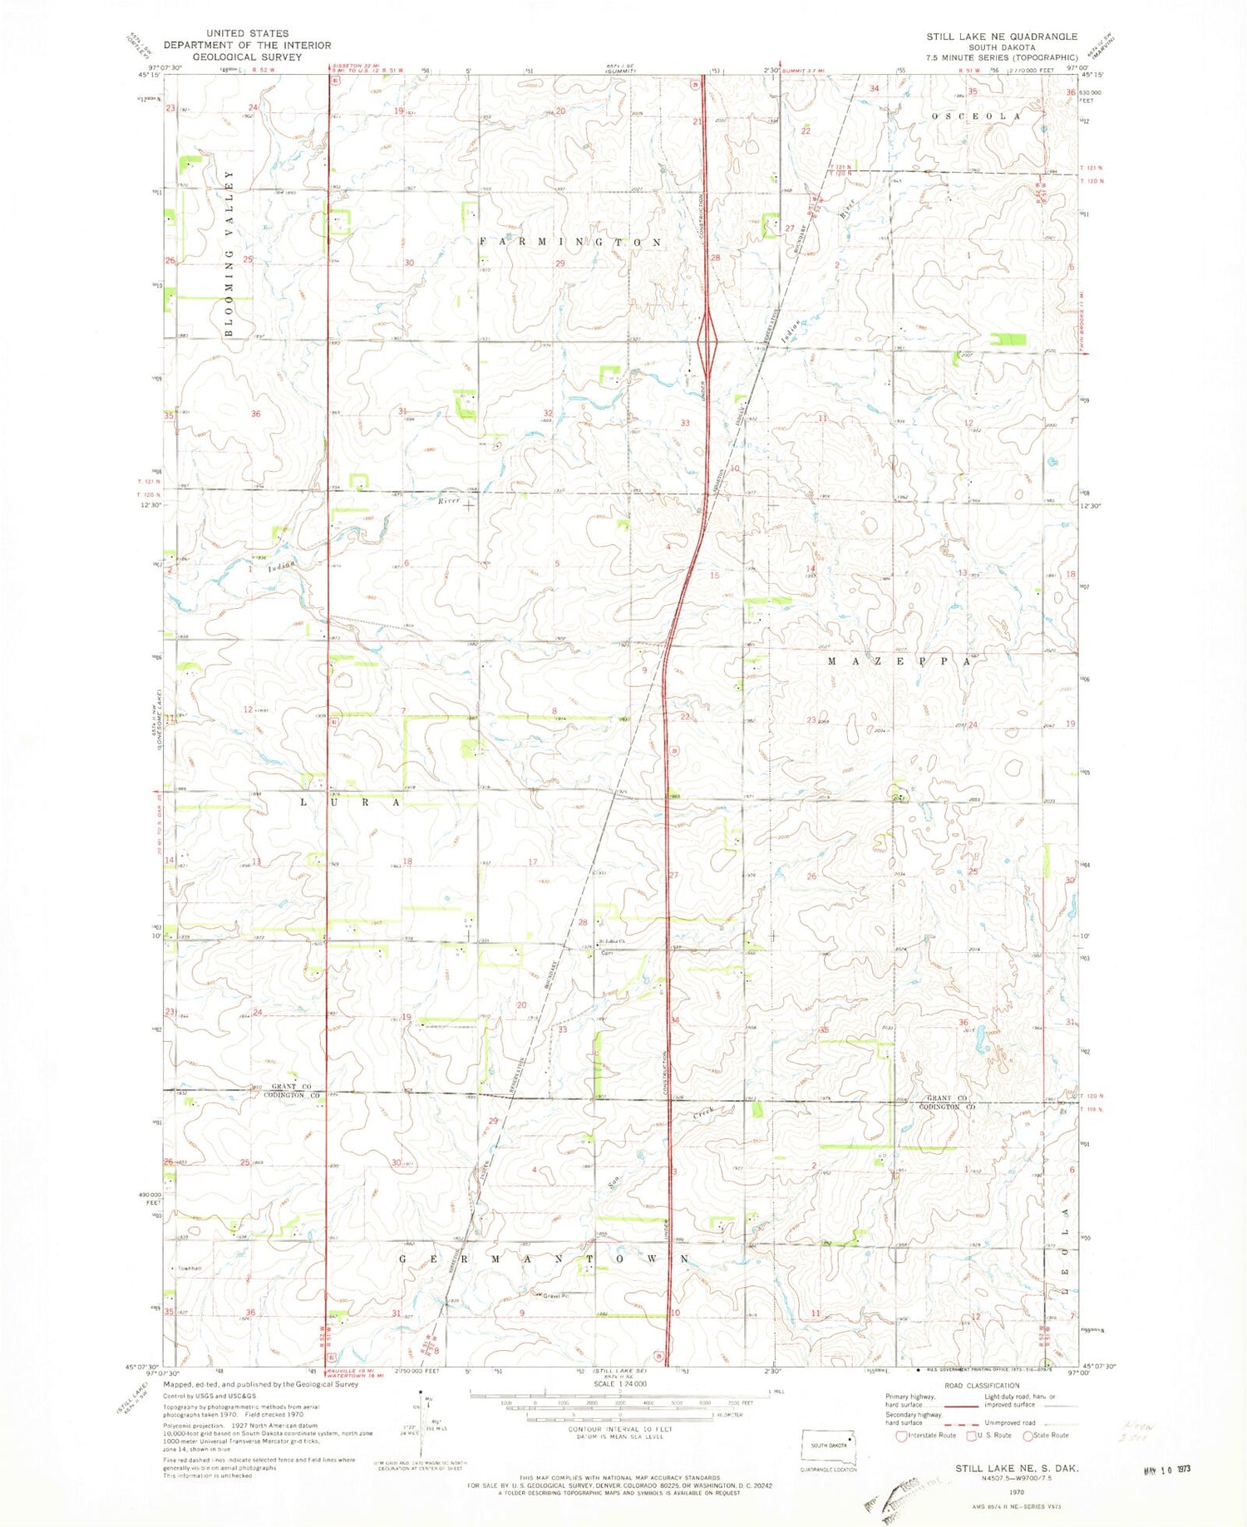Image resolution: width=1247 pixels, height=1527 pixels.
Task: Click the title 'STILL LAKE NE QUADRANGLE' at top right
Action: point(1002,37)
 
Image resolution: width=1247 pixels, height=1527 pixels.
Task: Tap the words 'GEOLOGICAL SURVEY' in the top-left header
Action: point(247,57)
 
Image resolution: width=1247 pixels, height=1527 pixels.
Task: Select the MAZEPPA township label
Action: point(899,661)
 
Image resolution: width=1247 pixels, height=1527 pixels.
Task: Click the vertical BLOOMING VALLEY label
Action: point(229,253)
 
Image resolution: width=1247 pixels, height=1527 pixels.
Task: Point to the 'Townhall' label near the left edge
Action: point(186,1269)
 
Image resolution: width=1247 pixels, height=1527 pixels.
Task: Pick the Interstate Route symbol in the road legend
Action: point(902,1436)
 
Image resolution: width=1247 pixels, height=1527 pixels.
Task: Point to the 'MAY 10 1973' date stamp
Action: point(1167,1469)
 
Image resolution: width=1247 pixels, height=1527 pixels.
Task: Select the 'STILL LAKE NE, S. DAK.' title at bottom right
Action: point(1017,1469)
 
